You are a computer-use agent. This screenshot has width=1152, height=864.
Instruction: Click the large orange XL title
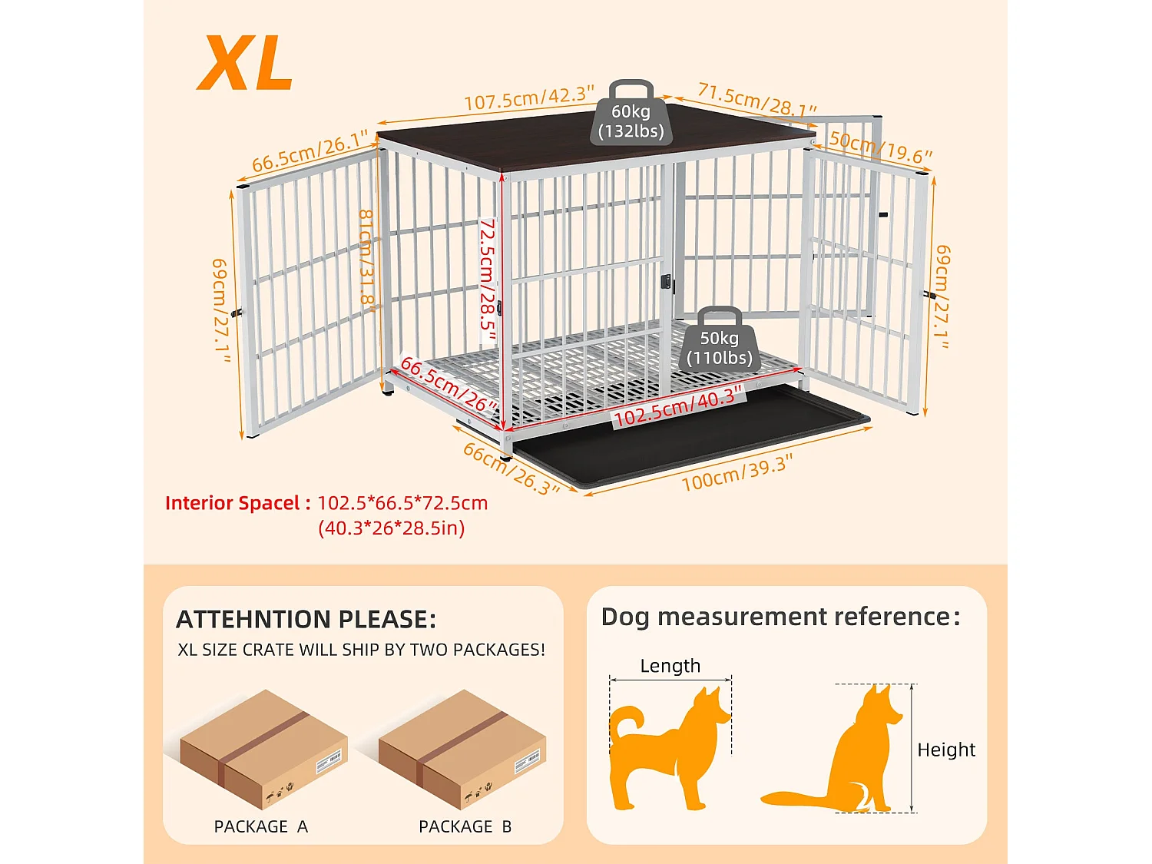pyautogui.click(x=246, y=64)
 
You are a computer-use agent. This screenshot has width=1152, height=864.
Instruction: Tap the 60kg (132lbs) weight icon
pyautogui.click(x=631, y=115)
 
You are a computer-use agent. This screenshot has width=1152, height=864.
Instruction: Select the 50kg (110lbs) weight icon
pyautogui.click(x=719, y=342)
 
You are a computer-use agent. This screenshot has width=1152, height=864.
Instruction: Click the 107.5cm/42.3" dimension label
pyautogui.click(x=529, y=98)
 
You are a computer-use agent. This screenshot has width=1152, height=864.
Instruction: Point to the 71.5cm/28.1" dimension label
pyautogui.click(x=756, y=100)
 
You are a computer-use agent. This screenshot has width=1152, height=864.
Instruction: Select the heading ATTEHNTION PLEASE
pyautogui.click(x=306, y=619)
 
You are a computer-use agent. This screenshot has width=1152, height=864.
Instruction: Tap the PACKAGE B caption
pyautogui.click(x=465, y=826)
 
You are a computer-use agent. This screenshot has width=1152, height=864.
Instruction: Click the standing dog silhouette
pyautogui.click(x=660, y=753)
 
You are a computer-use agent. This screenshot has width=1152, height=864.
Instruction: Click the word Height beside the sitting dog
pyautogui.click(x=946, y=750)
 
